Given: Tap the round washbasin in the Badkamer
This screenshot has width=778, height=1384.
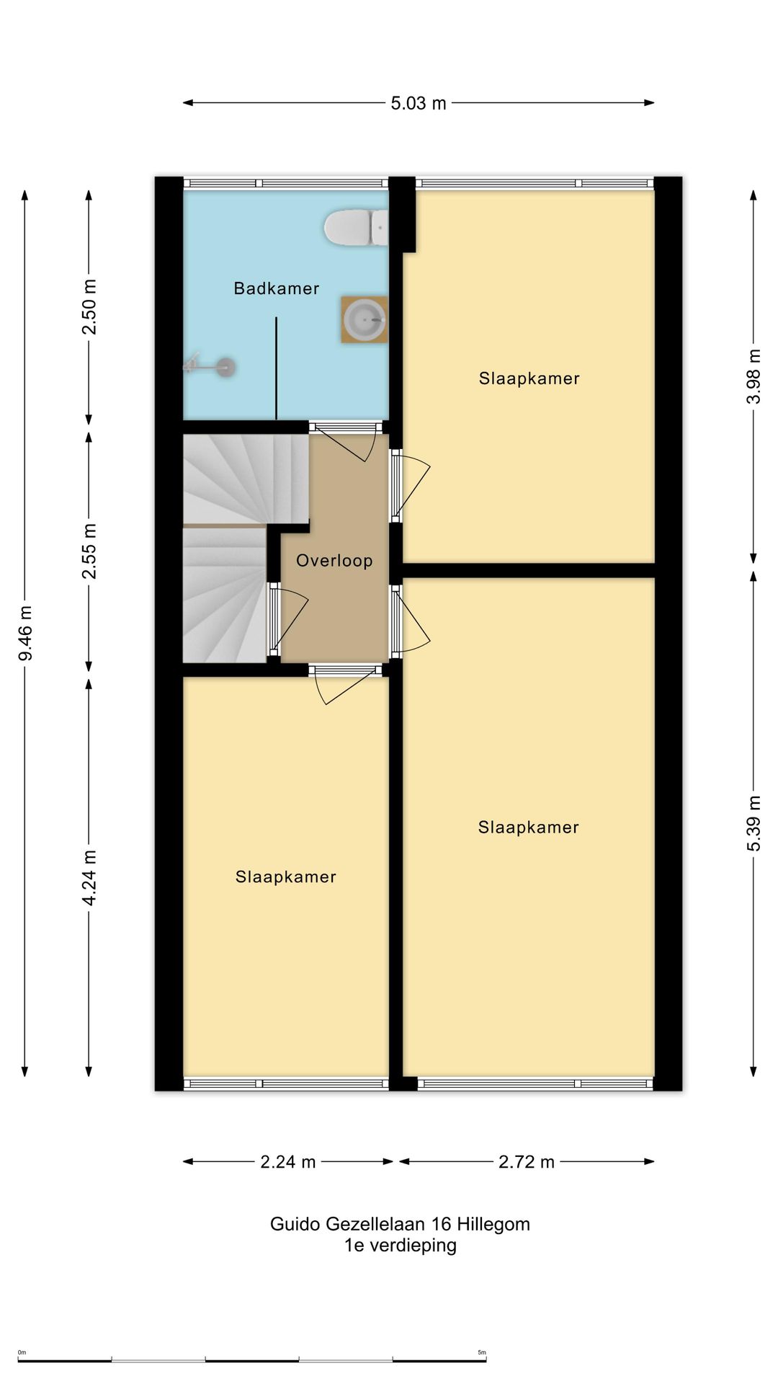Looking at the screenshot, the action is click(365, 319).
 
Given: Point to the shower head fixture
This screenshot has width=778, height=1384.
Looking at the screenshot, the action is click(210, 367).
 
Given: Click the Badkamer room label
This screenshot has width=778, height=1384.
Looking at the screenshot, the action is click(276, 289).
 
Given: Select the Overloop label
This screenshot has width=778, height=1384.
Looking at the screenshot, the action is click(334, 561).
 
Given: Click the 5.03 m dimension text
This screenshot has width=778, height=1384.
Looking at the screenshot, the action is click(419, 103).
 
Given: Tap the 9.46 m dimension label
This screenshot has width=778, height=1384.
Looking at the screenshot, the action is click(26, 633).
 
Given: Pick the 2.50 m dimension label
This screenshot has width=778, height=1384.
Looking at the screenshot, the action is click(89, 307).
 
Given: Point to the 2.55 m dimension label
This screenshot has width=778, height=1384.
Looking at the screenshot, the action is click(89, 551).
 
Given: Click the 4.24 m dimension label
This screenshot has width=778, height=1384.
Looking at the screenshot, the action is click(89, 877).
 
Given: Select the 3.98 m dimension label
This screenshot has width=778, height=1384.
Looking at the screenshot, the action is click(754, 376).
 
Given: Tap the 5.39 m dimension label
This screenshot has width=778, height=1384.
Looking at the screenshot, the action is click(754, 822).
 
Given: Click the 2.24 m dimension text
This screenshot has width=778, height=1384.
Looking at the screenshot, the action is click(288, 1162).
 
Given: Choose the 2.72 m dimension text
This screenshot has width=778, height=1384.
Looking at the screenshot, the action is click(527, 1162).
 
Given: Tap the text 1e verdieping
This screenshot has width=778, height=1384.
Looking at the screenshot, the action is click(401, 1246).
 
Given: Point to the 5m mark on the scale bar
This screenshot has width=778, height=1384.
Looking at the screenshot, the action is click(482, 1353).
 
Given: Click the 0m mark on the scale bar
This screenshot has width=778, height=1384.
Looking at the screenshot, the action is click(22, 1353).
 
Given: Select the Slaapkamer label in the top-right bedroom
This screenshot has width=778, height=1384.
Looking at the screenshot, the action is click(529, 378).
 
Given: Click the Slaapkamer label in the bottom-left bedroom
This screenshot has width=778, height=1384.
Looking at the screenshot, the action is click(286, 877).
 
